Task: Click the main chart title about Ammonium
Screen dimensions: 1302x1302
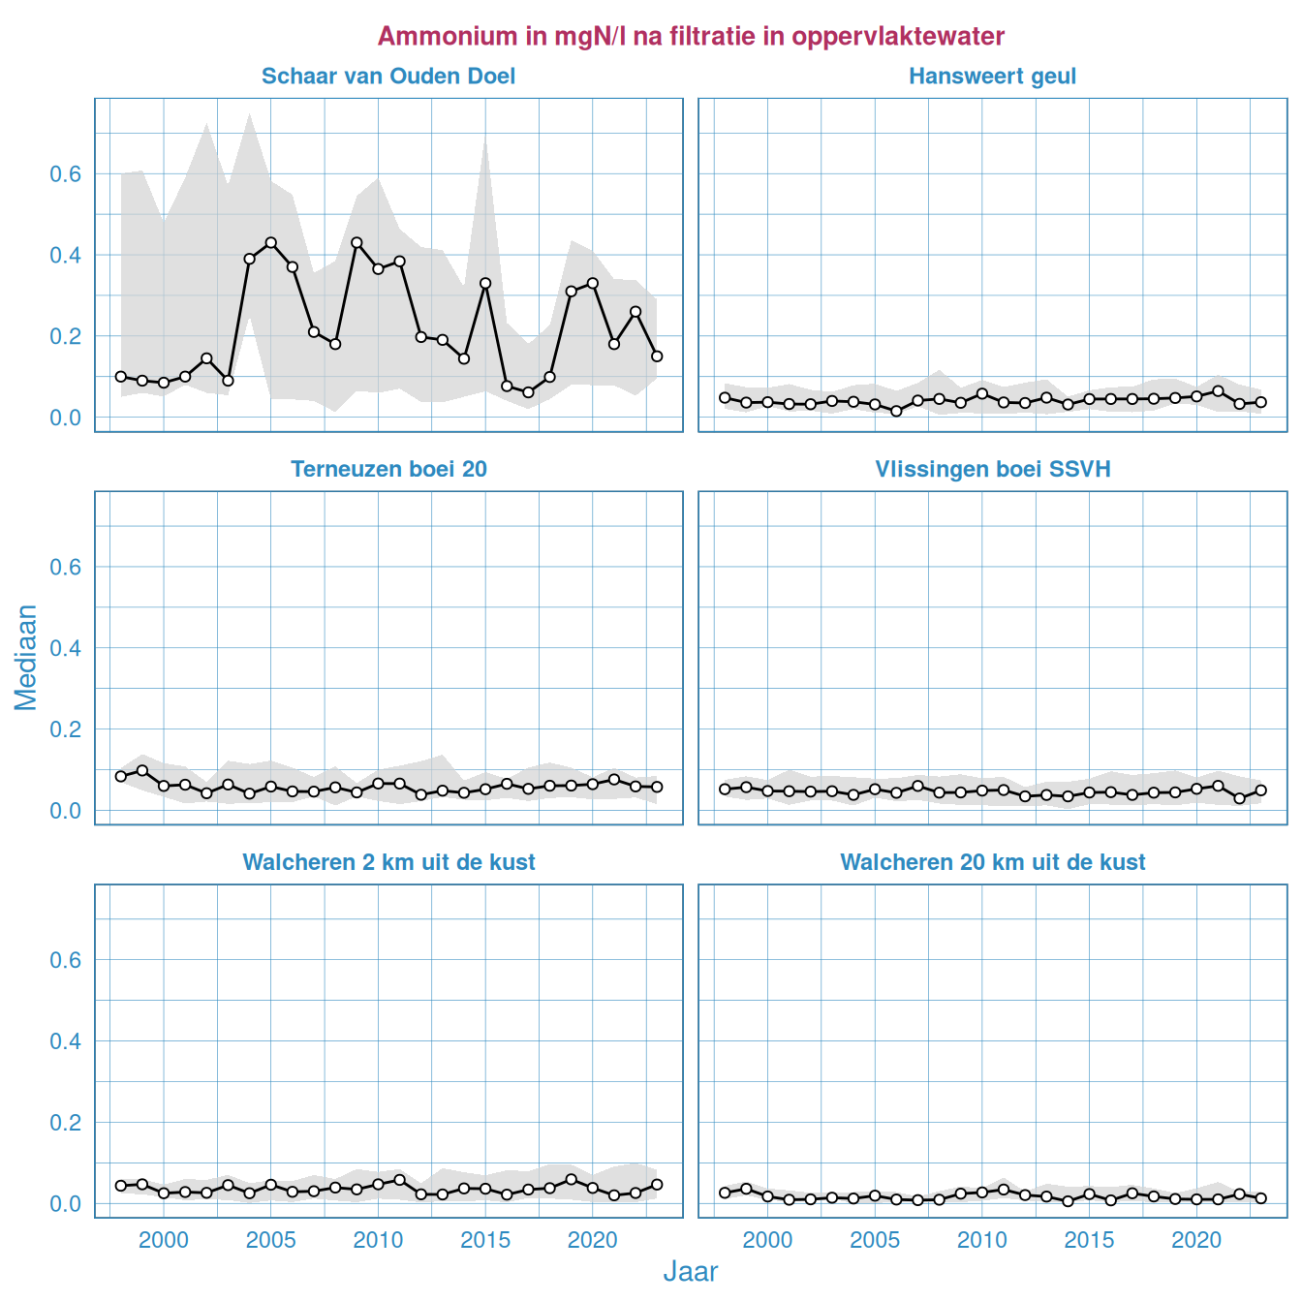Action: click(x=691, y=37)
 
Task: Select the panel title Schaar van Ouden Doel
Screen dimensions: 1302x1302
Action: click(x=388, y=77)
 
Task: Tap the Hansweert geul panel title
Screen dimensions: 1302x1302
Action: click(x=992, y=77)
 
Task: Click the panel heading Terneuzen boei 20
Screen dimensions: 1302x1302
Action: click(x=388, y=470)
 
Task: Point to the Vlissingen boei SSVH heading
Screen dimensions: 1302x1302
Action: click(x=992, y=470)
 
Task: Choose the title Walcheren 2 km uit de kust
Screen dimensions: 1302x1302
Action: click(x=388, y=863)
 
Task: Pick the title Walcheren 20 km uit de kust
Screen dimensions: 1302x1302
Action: click(x=992, y=863)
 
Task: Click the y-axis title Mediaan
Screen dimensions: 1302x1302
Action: click(x=26, y=657)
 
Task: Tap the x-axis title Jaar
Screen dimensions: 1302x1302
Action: click(x=690, y=1272)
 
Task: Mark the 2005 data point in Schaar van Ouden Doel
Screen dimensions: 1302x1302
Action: click(x=271, y=243)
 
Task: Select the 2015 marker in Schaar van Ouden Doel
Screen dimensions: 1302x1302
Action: click(x=485, y=284)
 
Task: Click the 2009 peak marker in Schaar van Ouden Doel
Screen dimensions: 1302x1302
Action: click(x=356, y=242)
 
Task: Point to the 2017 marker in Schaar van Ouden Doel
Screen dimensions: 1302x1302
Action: click(x=528, y=392)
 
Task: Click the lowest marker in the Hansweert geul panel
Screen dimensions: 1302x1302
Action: click(x=896, y=411)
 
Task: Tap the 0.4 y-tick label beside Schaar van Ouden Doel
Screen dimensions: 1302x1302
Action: click(x=65, y=256)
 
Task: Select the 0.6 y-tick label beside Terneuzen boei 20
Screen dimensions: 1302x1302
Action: click(x=65, y=568)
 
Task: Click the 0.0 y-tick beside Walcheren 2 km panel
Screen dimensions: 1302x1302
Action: click(x=65, y=1204)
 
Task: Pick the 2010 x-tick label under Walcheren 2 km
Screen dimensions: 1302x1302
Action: click(x=378, y=1240)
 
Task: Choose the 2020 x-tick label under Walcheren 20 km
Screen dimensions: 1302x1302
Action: click(x=1196, y=1240)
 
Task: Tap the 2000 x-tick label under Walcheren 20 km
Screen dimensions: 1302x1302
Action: click(x=767, y=1240)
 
